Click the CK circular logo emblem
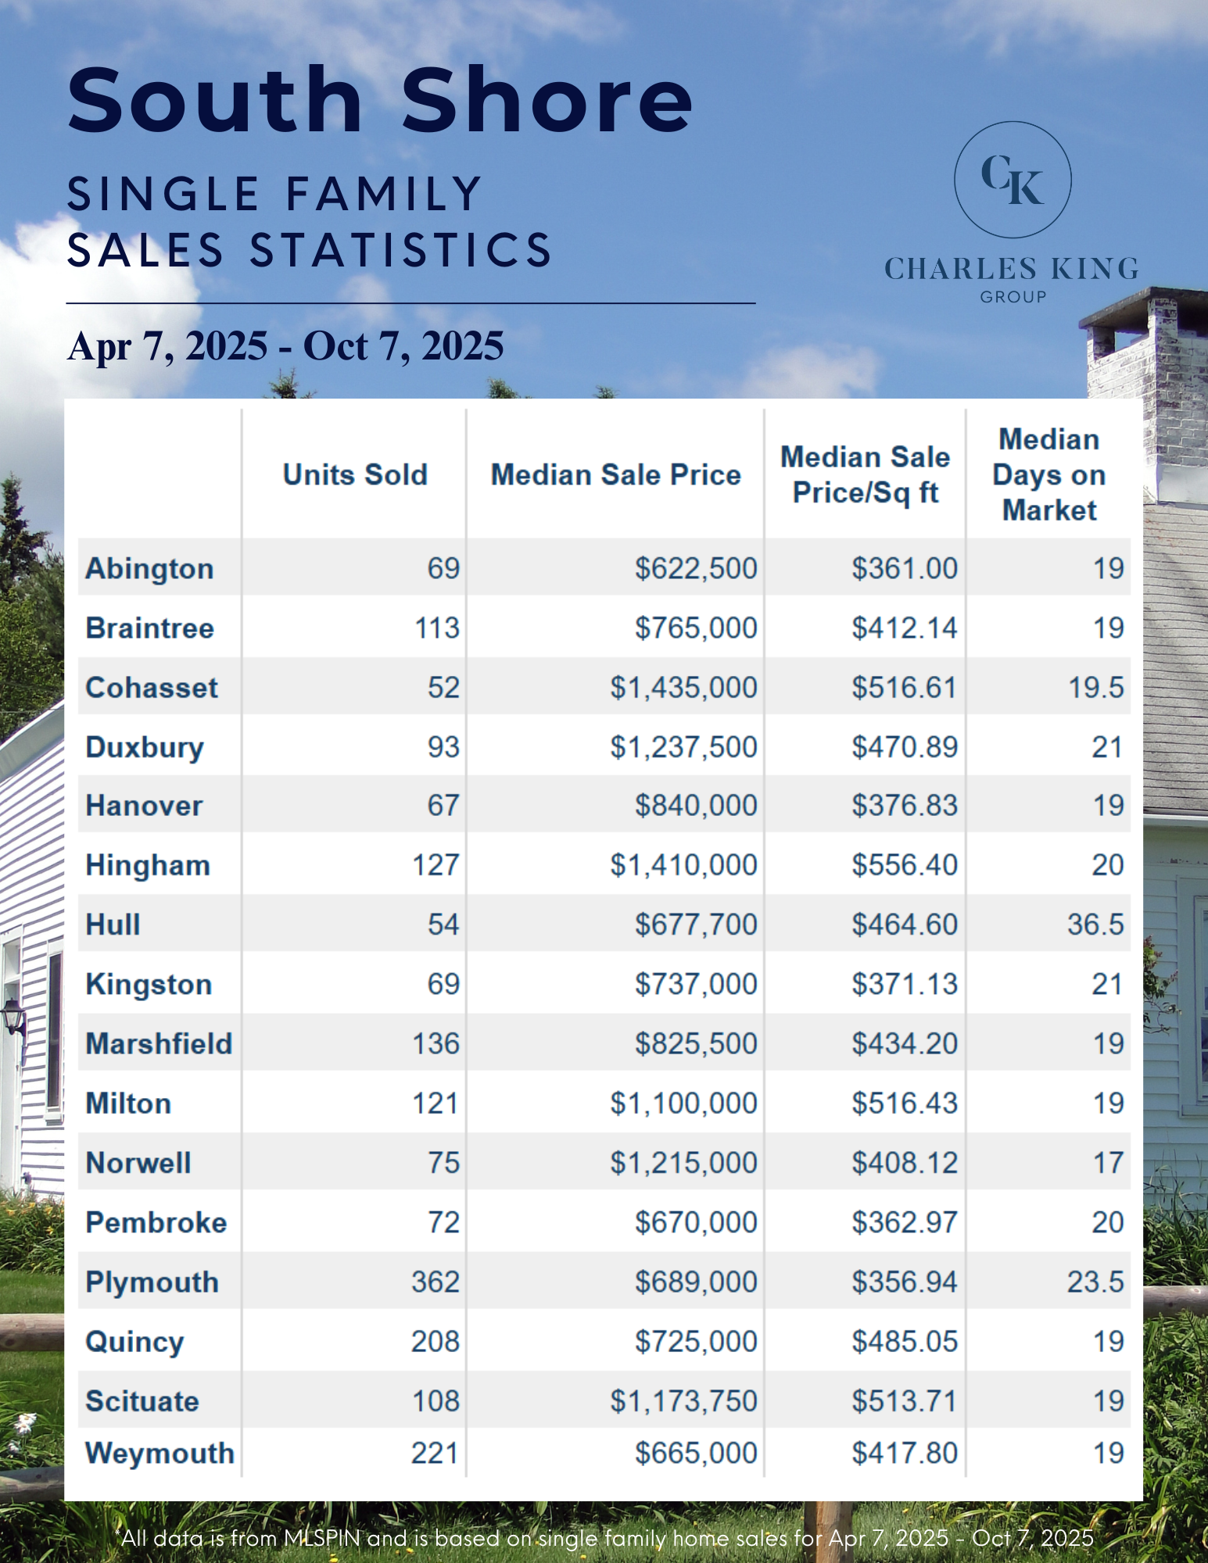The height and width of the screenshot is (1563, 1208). point(1013,180)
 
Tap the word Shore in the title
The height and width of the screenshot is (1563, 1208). point(547,100)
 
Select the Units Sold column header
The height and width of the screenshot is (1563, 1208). point(355,474)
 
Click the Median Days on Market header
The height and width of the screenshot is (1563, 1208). point(1048,474)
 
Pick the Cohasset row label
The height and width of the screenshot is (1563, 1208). point(152,688)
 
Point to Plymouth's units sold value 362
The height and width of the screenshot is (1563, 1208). point(436,1282)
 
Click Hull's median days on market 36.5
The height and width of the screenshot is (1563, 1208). point(1095,925)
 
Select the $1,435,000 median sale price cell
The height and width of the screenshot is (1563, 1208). point(683,688)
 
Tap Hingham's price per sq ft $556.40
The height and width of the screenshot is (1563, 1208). point(905,865)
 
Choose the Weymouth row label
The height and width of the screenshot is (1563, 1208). point(160,1453)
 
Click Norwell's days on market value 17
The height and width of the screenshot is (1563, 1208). point(1108,1163)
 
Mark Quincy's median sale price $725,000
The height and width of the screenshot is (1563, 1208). point(696,1341)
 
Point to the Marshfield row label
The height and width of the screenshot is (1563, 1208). point(159,1044)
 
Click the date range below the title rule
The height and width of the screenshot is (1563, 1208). point(286,345)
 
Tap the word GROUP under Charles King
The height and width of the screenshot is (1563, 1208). point(1013,297)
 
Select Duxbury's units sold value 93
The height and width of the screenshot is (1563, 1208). point(443,747)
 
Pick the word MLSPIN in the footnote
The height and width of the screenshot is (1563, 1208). point(321,1538)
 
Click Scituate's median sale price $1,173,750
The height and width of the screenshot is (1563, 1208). point(683,1401)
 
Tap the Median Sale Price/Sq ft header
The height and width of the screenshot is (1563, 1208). point(865,474)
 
